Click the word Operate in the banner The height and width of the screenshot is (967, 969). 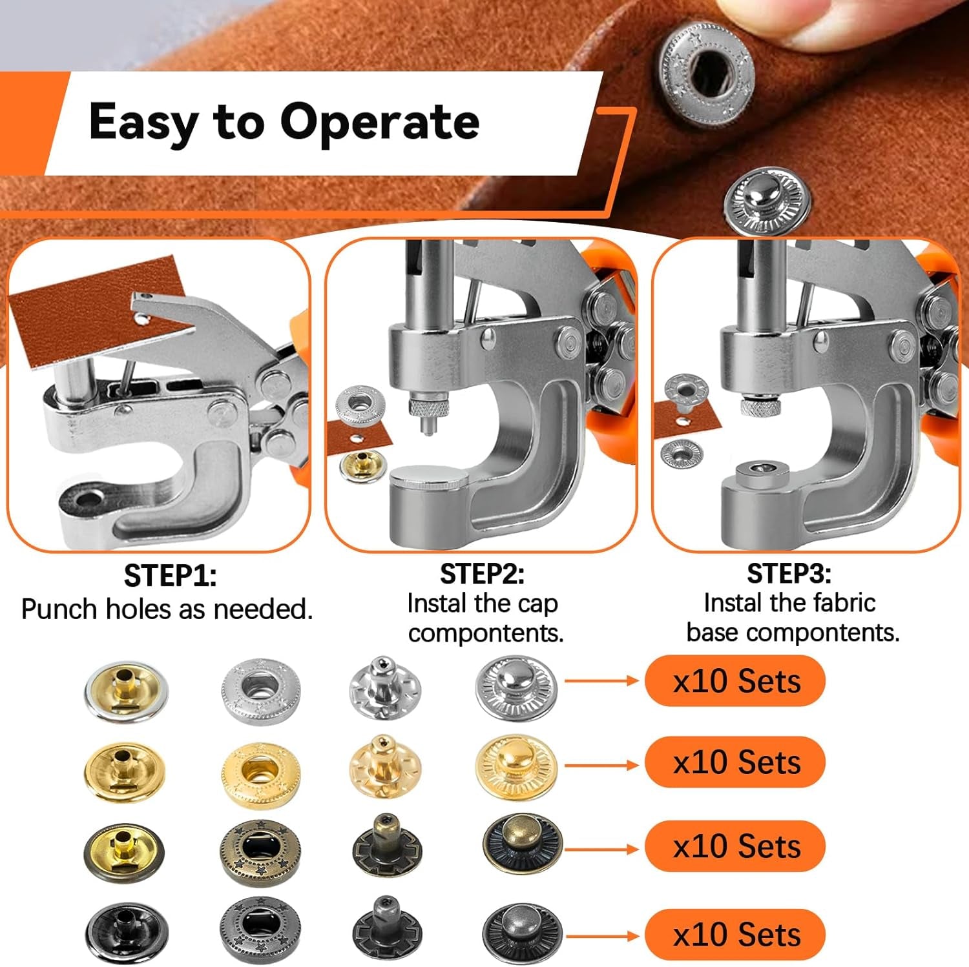[380, 122]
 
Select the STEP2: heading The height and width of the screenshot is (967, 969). [482, 574]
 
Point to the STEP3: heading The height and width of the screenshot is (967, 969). [789, 573]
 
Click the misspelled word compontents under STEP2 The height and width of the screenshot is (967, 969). [486, 633]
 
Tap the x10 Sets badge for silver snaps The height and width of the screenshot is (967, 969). [735, 681]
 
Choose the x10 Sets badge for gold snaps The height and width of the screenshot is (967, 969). [735, 762]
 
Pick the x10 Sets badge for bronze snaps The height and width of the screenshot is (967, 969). [735, 846]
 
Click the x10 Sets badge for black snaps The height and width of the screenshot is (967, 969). [735, 934]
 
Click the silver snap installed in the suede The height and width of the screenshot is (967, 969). [707, 70]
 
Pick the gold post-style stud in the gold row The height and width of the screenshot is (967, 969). [385, 765]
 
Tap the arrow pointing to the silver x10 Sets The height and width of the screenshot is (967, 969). [601, 680]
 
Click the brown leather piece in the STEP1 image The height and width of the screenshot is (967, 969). [97, 310]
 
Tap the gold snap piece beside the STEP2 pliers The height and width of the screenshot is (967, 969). [362, 465]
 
